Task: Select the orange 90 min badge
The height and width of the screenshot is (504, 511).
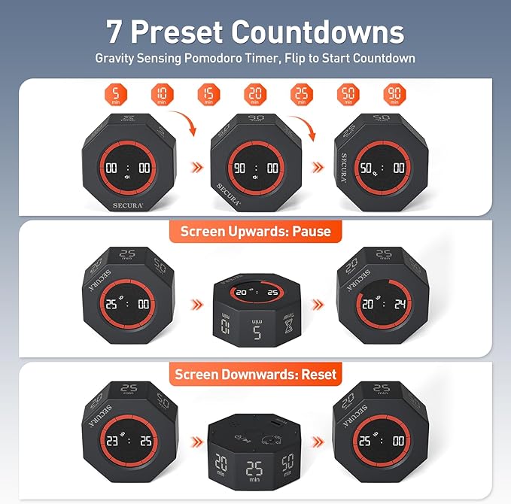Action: point(394,96)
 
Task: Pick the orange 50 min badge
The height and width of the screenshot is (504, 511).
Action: point(348,96)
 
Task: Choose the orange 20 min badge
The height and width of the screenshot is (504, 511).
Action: point(256,96)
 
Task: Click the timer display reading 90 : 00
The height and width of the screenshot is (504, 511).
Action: point(255,169)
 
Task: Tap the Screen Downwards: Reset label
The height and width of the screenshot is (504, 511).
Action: point(255,373)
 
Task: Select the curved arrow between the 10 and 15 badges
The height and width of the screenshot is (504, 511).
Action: point(184,120)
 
